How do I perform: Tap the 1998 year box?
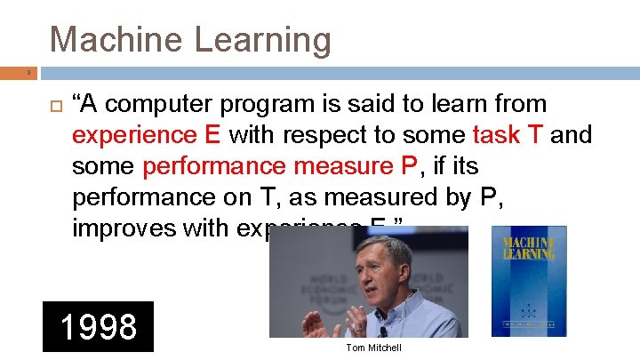tap(98, 327)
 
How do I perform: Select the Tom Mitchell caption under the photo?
tap(374, 348)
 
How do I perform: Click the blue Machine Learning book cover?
tap(528, 280)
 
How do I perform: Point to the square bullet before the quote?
tap(53, 105)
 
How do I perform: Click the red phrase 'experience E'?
tap(147, 135)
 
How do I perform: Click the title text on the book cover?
tap(528, 248)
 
